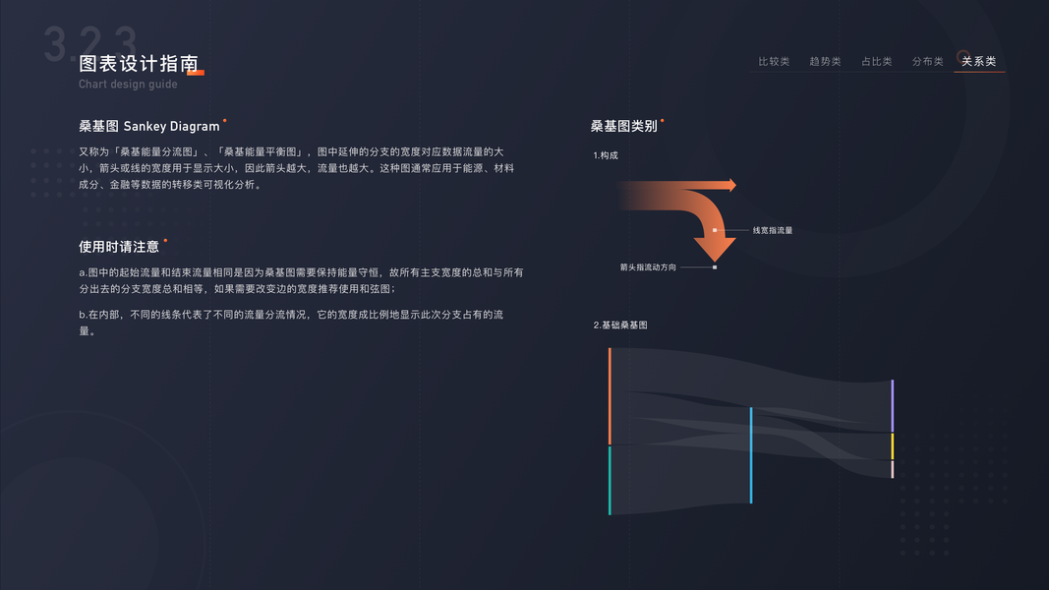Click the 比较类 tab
click(x=774, y=61)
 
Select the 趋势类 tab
click(x=825, y=61)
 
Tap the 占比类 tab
click(x=876, y=61)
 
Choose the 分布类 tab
click(x=927, y=61)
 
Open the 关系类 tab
click(x=978, y=61)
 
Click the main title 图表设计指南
click(x=139, y=64)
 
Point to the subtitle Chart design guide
click(x=128, y=85)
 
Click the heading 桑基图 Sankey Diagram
click(x=149, y=126)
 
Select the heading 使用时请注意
click(x=119, y=247)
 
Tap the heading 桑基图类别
click(x=623, y=126)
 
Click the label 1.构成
click(x=606, y=155)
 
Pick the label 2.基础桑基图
click(x=619, y=324)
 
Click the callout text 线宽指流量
click(x=772, y=230)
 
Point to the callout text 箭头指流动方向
click(x=648, y=266)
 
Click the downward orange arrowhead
click(x=715, y=249)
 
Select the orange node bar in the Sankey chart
click(x=610, y=396)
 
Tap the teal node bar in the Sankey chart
click(x=610, y=480)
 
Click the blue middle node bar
click(x=751, y=455)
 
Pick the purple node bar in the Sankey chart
click(x=893, y=405)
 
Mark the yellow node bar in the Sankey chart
click(x=893, y=446)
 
